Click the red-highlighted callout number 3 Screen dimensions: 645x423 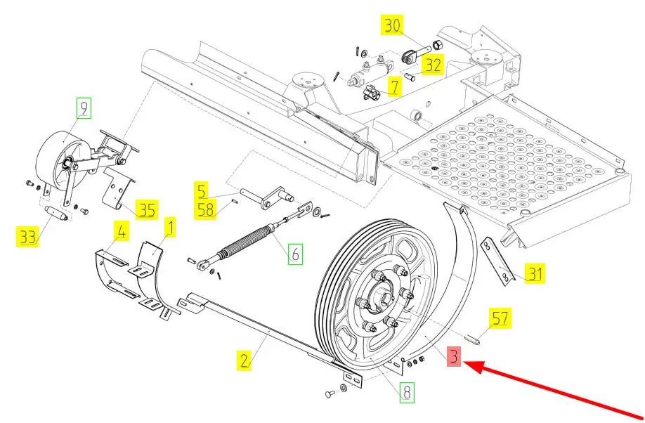click(x=454, y=356)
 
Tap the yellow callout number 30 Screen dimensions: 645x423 click(x=392, y=25)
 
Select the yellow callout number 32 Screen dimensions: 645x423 click(x=433, y=65)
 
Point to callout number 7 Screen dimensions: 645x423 click(x=394, y=86)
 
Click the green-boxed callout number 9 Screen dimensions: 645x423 click(x=84, y=108)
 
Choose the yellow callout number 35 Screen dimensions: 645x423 click(x=147, y=209)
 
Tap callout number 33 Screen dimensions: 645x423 click(x=27, y=237)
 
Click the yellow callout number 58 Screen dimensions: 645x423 click(x=205, y=209)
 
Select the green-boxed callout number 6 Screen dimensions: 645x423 click(x=295, y=254)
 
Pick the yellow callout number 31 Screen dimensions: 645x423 click(x=535, y=273)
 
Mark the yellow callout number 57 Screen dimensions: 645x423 click(x=500, y=318)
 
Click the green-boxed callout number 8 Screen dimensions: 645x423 click(x=407, y=393)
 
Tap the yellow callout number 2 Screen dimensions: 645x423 click(x=244, y=360)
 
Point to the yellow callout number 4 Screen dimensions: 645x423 click(x=122, y=231)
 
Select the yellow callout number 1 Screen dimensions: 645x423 click(x=170, y=227)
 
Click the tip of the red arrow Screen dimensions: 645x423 click(x=464, y=363)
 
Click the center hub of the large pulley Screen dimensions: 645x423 click(x=379, y=295)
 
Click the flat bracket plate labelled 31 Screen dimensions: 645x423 click(x=497, y=261)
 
